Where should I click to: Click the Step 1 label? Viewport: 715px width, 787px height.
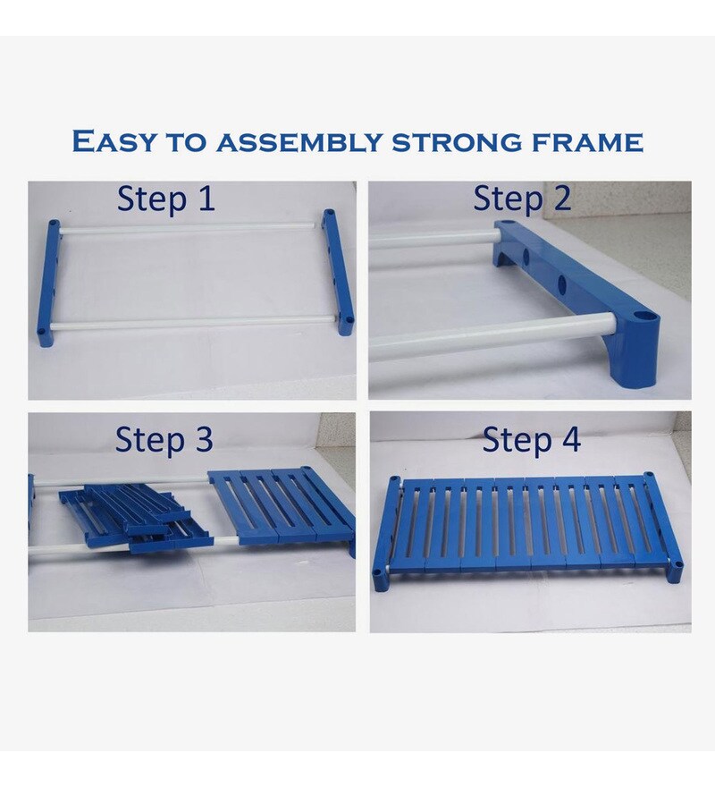tap(165, 199)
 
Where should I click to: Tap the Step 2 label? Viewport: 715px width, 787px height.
tap(522, 199)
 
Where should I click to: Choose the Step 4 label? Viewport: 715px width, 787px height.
tap(532, 439)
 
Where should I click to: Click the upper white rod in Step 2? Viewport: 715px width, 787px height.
tap(433, 238)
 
